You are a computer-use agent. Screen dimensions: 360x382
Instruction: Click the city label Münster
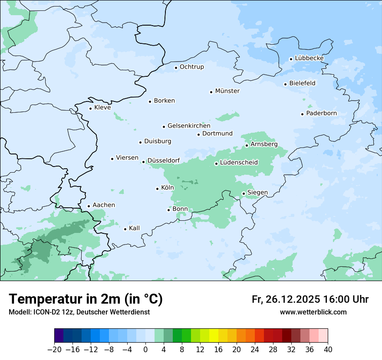(x=227, y=91)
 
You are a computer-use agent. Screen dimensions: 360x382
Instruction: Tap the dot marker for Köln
(x=158, y=189)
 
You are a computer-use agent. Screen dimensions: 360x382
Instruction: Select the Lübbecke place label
(x=309, y=58)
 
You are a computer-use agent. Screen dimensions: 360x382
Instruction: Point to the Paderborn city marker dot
(x=303, y=114)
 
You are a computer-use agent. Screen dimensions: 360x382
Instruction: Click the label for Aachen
(x=104, y=205)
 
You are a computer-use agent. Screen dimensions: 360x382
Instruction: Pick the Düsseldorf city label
(x=164, y=161)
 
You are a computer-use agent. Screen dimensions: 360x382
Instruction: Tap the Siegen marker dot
(x=244, y=193)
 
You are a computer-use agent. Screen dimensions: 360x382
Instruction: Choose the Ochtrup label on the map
(x=191, y=67)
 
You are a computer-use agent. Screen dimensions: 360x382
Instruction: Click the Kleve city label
(x=102, y=108)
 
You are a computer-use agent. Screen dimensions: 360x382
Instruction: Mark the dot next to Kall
(x=125, y=229)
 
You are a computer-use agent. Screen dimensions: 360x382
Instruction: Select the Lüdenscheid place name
(x=239, y=163)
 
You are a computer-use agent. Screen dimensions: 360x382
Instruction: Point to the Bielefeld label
(x=302, y=83)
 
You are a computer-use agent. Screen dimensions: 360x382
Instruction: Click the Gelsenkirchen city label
(x=189, y=126)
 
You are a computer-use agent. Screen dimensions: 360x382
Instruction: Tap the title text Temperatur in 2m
(x=86, y=299)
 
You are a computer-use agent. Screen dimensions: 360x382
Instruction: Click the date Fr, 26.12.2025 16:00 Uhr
(x=310, y=299)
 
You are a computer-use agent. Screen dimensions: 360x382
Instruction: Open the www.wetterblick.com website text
(x=313, y=312)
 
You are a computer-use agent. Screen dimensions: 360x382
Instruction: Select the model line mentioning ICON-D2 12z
(x=79, y=312)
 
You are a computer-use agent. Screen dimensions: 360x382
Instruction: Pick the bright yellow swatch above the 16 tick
(x=214, y=336)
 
